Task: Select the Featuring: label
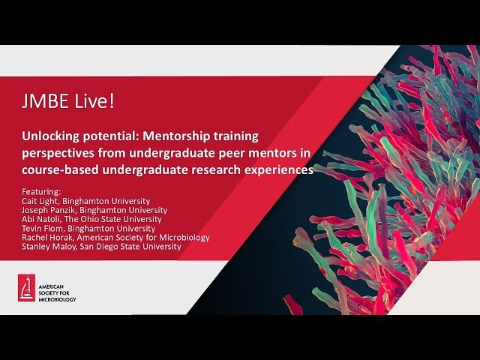(x=42, y=191)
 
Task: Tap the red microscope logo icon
(x=27, y=288)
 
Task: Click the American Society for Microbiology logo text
(x=58, y=289)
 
